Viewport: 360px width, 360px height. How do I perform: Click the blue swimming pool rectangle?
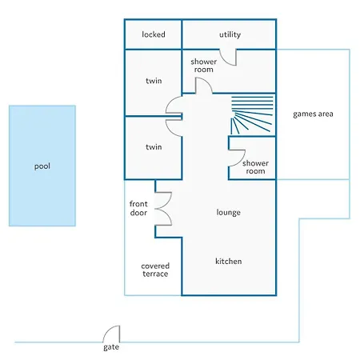42,166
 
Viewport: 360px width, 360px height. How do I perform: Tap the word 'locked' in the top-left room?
154,34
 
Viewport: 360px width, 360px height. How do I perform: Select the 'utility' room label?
230,34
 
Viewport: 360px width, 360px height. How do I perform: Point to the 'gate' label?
111,347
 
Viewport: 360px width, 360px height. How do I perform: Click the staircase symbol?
252,115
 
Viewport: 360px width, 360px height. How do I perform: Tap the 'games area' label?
313,114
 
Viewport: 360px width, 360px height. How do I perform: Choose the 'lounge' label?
229,213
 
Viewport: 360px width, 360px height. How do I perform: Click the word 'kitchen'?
229,262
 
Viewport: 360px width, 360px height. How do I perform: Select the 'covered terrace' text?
155,270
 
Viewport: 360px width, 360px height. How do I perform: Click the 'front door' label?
138,208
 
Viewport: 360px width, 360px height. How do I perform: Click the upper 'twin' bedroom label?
154,81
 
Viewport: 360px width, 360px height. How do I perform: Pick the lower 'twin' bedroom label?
154,147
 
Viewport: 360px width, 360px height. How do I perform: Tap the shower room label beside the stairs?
255,167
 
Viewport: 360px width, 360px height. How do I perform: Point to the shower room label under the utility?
204,66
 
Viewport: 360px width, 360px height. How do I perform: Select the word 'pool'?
42,166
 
